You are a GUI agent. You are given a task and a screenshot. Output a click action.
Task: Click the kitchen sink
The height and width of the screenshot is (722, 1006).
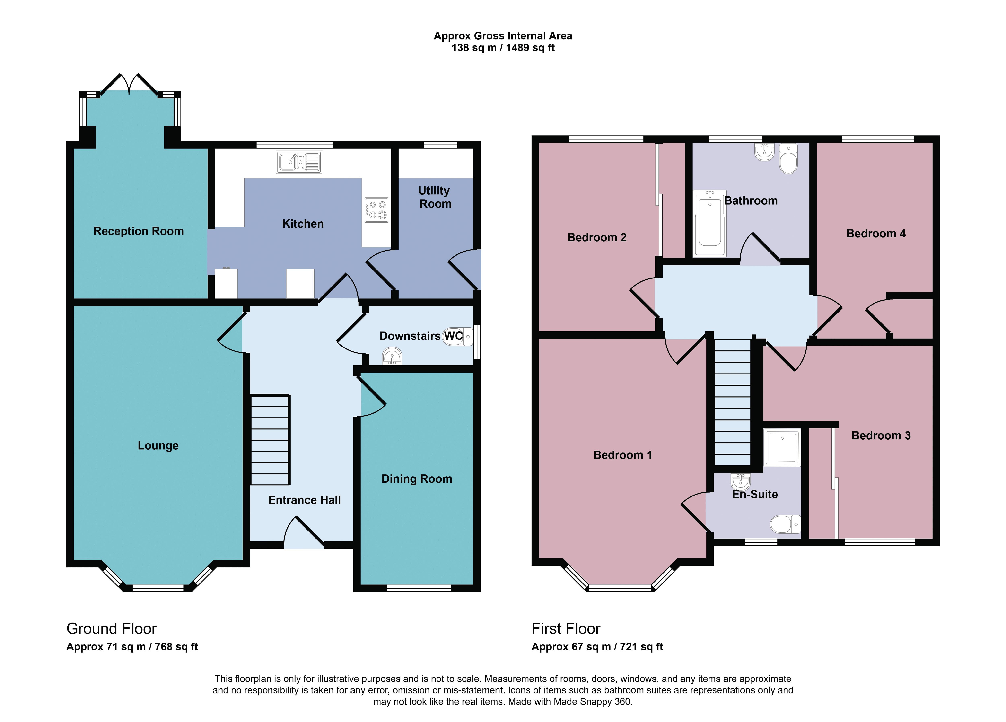click(299, 162)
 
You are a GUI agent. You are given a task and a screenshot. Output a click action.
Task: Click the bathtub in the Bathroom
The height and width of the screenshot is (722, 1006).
click(710, 224)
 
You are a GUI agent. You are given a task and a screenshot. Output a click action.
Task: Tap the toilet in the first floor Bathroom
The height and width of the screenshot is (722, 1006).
click(788, 158)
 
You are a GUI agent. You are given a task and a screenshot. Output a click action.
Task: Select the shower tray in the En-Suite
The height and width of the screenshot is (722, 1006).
click(782, 447)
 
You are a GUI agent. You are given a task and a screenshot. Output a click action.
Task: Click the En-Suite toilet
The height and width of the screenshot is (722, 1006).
click(785, 524)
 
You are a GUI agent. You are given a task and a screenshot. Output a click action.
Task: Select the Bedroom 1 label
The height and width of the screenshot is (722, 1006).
click(623, 455)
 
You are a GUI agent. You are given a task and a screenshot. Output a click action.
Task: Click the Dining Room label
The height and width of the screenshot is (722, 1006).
click(417, 479)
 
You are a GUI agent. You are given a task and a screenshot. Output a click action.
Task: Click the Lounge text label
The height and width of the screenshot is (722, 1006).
click(158, 445)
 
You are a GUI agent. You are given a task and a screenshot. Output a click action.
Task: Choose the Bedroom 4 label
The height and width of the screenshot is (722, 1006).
click(876, 233)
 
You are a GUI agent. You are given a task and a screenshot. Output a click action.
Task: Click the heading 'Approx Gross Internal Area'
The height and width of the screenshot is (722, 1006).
click(503, 36)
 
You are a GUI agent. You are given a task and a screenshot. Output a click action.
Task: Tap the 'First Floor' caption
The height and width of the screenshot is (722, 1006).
click(566, 629)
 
